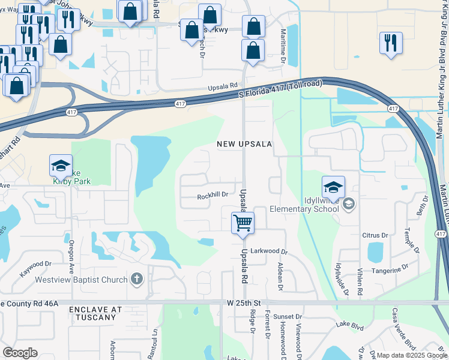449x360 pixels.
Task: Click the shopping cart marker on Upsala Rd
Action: tap(243, 223)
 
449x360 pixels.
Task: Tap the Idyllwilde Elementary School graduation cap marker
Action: tap(333, 187)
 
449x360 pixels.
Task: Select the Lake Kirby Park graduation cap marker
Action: tap(61, 166)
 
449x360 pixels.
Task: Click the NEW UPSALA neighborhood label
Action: tap(244, 145)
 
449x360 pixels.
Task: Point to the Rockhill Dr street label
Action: tap(212, 195)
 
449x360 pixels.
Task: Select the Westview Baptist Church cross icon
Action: tap(137, 279)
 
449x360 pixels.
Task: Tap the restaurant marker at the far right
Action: tap(391, 43)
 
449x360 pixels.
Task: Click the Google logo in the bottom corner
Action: tap(20, 352)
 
